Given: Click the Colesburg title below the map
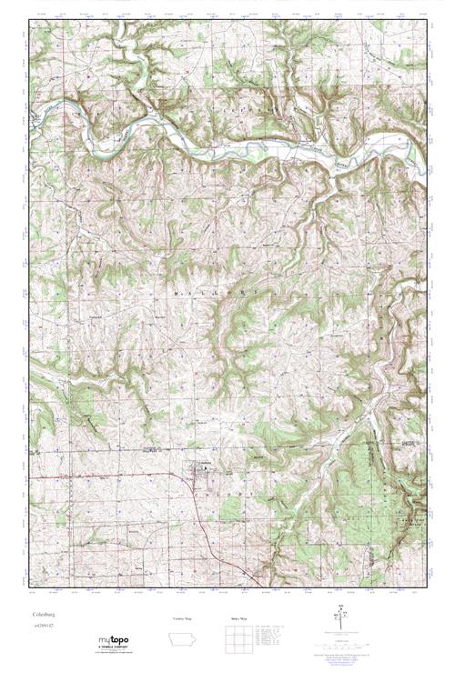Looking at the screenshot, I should click(44, 616).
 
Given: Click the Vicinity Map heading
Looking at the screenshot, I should click(183, 617).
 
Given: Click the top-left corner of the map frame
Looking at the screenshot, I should click(29, 20).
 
